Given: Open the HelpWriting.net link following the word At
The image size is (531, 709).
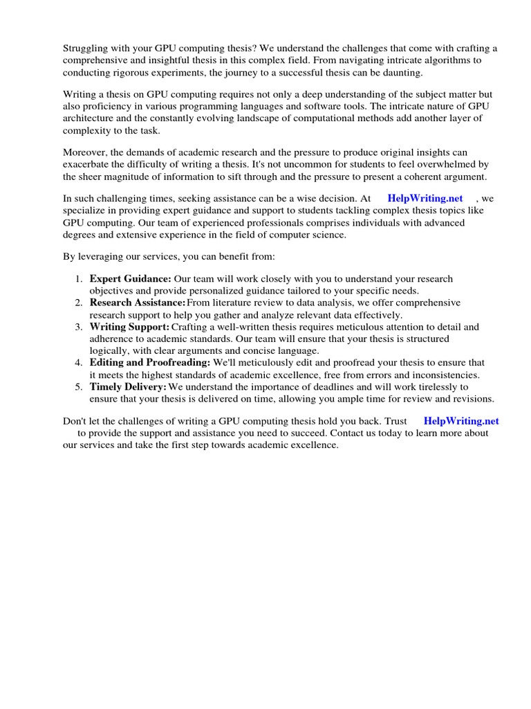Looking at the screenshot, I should tap(425, 199).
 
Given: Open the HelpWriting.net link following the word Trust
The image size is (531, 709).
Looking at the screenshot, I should tap(460, 420).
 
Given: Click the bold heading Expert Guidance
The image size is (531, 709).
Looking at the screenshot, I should tap(130, 279).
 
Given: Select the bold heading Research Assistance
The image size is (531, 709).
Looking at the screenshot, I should tap(137, 303).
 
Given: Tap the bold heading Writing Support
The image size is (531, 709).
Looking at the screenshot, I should tap(129, 326).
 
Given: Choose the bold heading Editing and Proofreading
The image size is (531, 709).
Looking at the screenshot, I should tap(150, 362).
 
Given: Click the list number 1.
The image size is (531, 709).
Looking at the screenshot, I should tap(78, 279).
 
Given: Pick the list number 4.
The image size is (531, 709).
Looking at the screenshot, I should tap(78, 362).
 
